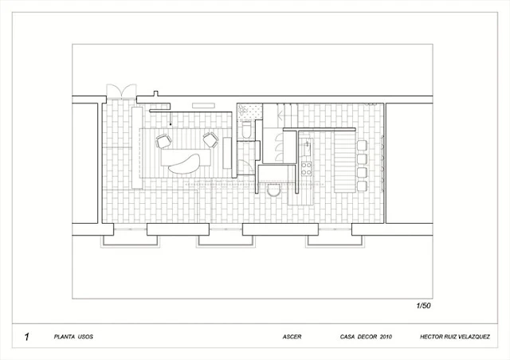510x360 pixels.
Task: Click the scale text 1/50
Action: point(423,306)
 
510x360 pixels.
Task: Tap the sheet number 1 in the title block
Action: point(27,337)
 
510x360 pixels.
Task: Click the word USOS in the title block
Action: point(85,337)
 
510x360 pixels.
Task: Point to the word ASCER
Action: point(292,337)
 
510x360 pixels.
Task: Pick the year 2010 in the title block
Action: point(386,337)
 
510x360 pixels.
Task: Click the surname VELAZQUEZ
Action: point(472,337)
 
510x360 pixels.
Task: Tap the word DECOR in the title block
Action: point(367,337)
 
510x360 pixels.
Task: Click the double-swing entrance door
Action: point(121,92)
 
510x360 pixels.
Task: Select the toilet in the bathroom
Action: point(247,130)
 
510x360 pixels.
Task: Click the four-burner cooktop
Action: point(306,169)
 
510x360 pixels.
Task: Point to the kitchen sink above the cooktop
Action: point(306,149)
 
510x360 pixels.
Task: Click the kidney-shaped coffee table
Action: point(184,163)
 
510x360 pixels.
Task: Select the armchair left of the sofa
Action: point(163,141)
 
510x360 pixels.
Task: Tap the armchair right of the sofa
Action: point(210,140)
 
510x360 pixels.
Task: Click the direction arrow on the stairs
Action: point(280,115)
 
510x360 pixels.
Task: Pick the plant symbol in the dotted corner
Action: point(241,110)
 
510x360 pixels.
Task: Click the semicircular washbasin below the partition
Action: point(273,190)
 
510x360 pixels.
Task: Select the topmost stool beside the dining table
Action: point(362,145)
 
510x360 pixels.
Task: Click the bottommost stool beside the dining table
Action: point(362,186)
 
